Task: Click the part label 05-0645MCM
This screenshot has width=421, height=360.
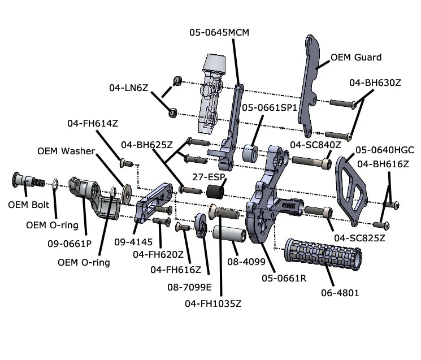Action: point(219,33)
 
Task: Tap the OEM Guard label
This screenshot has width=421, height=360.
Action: point(356,57)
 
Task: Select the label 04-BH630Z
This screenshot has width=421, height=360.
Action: point(375,83)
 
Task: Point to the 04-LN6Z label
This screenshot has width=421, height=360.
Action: point(129,88)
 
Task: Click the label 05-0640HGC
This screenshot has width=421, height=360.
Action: point(385,150)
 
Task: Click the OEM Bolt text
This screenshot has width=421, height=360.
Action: point(29,205)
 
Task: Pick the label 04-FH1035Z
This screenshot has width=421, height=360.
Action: point(213,303)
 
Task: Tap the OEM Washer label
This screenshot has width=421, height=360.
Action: point(66,151)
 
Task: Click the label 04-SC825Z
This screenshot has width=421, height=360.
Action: point(359,238)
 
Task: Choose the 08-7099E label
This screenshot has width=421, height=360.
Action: point(189,287)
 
